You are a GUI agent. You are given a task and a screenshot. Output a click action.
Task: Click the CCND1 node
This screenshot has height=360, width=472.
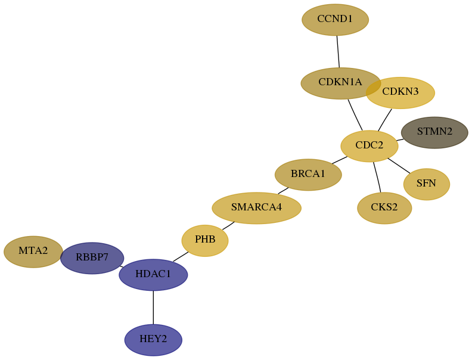tap(335, 20)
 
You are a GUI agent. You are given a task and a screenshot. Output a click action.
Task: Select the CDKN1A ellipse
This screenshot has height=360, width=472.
tap(341, 83)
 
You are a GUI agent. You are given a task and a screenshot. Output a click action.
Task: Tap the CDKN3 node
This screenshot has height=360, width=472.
tap(400, 93)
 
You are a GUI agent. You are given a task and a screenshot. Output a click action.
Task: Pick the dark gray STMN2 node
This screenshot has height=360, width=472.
tap(434, 132)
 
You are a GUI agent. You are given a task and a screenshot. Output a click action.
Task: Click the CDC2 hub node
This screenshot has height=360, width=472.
tap(369, 146)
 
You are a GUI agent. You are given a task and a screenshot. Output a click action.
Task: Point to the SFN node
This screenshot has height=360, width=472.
tap(427, 184)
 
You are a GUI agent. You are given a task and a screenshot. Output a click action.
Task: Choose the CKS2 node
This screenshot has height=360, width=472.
tap(384, 208)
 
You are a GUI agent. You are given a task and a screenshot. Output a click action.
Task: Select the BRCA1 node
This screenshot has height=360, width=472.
tap(308, 175)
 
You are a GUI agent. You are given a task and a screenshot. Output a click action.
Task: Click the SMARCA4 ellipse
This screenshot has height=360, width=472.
tap(256, 208)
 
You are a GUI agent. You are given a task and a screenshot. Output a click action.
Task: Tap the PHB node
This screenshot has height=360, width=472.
tap(205, 241)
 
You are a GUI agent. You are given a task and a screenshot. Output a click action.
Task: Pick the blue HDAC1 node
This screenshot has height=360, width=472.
tap(153, 275)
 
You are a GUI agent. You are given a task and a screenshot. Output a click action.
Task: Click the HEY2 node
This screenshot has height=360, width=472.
tap(153, 340)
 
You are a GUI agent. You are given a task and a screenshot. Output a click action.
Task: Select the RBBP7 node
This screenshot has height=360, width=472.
tap(92, 258)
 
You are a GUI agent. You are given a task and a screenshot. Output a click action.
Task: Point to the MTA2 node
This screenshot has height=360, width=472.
tap(33, 252)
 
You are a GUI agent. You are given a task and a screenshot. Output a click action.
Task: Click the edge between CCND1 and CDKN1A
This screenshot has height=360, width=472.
tap(338, 51)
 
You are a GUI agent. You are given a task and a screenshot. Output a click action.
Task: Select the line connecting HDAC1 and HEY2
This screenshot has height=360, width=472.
tap(153, 308)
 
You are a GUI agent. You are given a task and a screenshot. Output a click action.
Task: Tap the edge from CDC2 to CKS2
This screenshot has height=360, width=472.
tap(377, 177)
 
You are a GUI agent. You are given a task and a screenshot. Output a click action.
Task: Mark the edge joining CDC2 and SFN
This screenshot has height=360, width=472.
tap(399, 166)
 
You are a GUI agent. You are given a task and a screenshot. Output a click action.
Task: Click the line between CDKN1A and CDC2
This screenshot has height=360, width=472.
tap(355, 114)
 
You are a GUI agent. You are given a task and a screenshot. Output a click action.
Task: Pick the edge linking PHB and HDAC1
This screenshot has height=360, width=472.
tap(181, 257)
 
